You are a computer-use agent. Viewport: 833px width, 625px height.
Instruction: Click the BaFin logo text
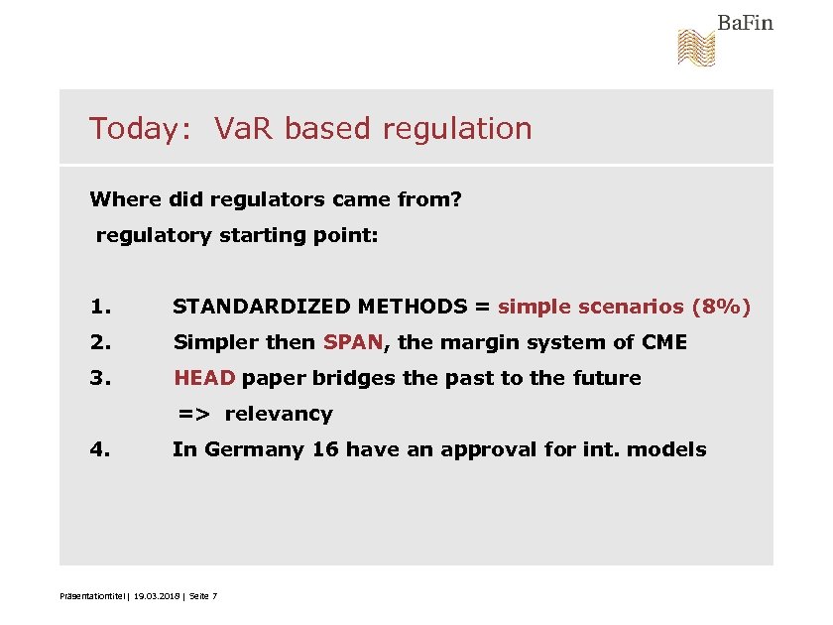pyautogui.click(x=745, y=22)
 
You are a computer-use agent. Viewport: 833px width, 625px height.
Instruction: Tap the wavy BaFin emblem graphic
pyautogui.click(x=696, y=48)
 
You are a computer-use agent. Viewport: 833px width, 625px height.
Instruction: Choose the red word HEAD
pyautogui.click(x=204, y=378)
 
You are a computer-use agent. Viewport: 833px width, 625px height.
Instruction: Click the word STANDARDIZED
pyautogui.click(x=261, y=307)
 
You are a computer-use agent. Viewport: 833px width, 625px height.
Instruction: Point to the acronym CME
pyautogui.click(x=664, y=342)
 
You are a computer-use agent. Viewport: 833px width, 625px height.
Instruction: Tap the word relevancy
pyautogui.click(x=279, y=414)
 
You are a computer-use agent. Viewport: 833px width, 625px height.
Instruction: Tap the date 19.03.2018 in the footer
pyautogui.click(x=153, y=595)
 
